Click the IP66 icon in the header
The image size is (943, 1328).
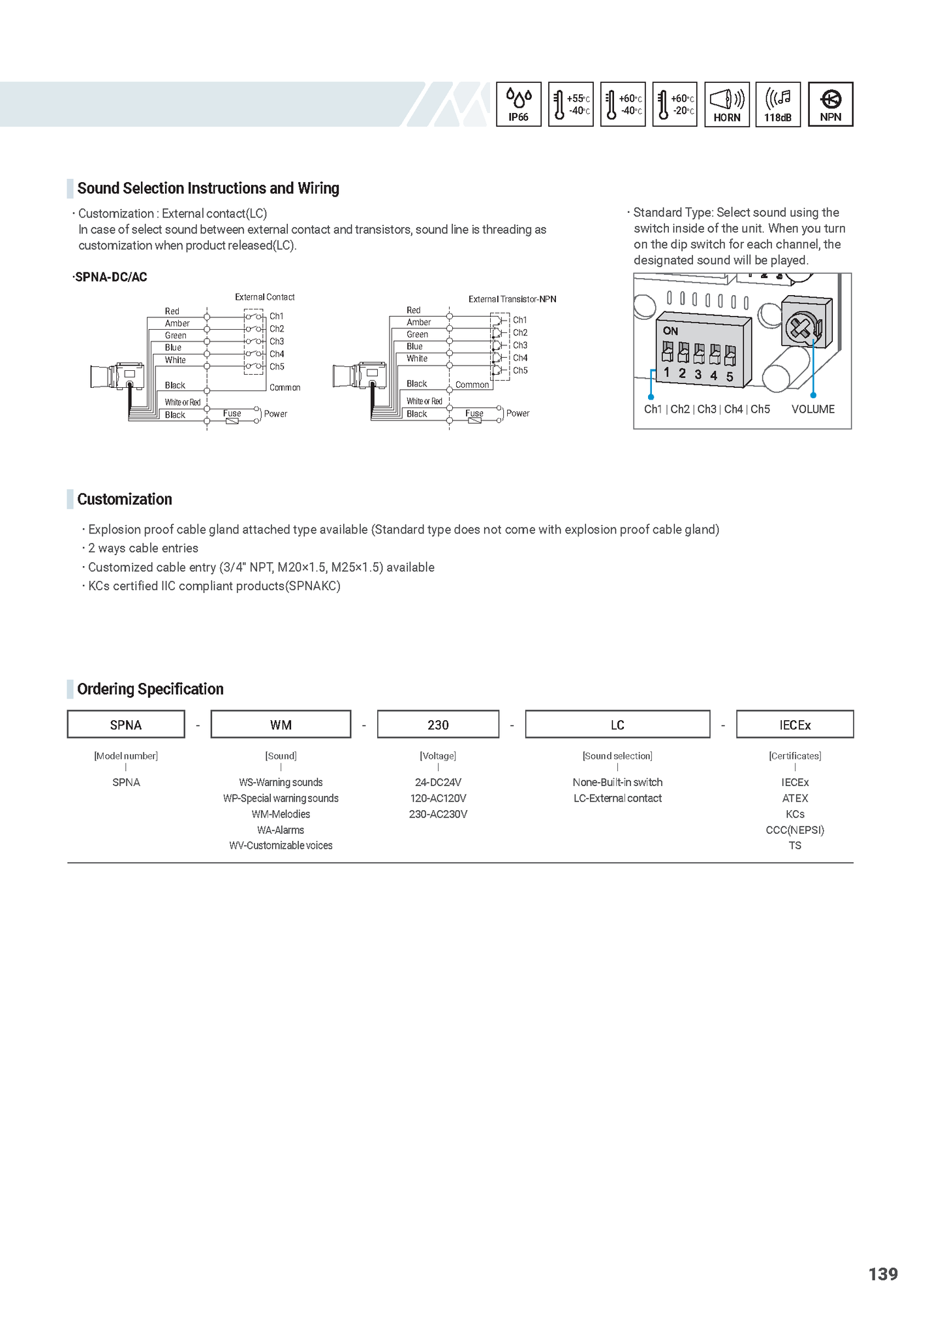[x=518, y=104]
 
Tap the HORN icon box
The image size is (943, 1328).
[x=727, y=104]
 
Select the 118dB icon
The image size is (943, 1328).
[x=778, y=104]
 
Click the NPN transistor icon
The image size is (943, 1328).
[x=830, y=104]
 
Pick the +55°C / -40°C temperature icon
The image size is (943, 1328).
[x=571, y=104]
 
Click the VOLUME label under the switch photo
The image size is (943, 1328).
[x=812, y=409]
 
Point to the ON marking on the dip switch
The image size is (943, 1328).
[x=670, y=331]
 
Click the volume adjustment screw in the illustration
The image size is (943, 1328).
[x=799, y=327]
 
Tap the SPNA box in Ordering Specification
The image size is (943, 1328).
[x=126, y=725]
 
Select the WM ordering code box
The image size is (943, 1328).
[x=281, y=725]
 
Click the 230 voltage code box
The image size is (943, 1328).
[x=438, y=725]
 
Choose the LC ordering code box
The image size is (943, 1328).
[x=617, y=725]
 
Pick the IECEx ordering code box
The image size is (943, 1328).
[x=795, y=725]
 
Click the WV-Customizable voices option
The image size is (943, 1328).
[x=281, y=846]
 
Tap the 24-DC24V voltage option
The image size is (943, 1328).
[x=438, y=782]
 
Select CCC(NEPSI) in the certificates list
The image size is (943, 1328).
[x=795, y=830]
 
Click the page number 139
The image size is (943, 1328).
[x=883, y=1274]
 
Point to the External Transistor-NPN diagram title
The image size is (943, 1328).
[x=512, y=299]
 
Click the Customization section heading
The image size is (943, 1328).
[x=125, y=499]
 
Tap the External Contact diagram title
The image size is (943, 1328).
[x=264, y=297]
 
